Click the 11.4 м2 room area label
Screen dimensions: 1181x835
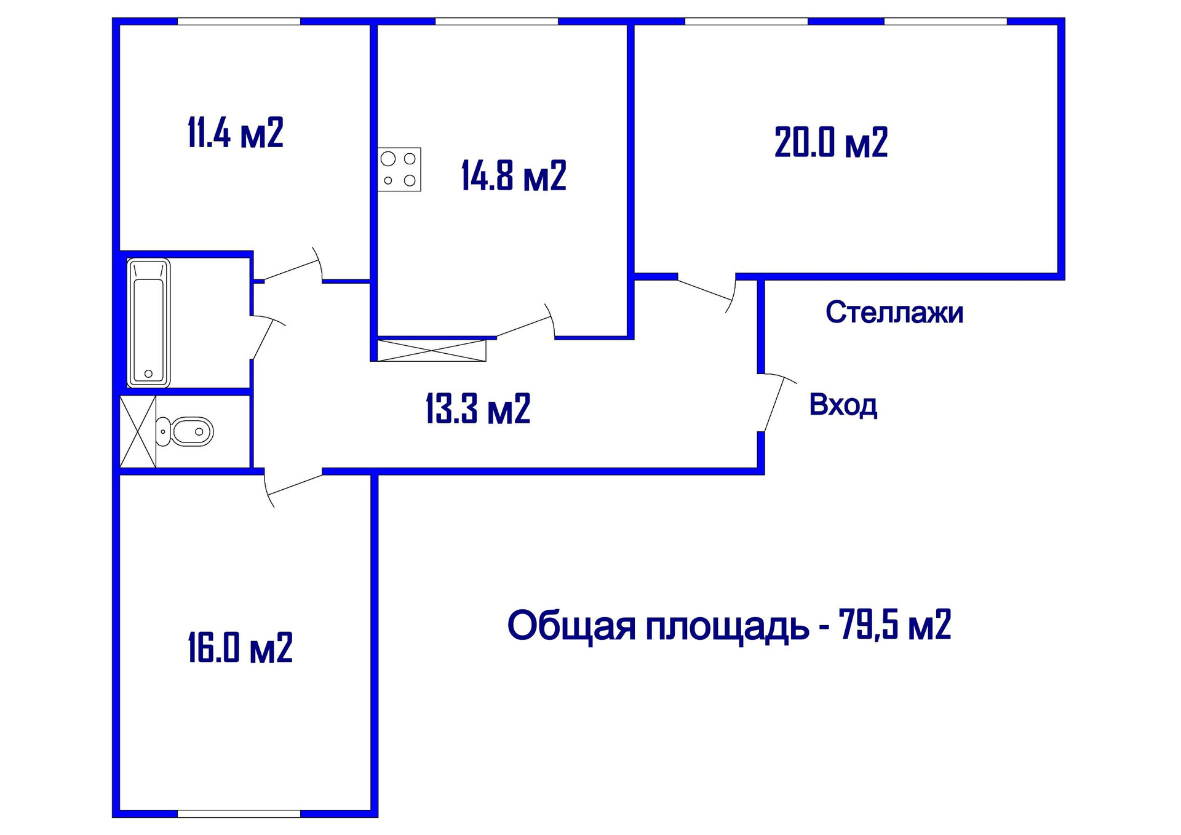coord(235,133)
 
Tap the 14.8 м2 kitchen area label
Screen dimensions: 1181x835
coord(514,176)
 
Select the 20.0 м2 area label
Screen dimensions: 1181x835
coord(831,143)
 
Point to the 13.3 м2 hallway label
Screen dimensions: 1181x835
coord(477,409)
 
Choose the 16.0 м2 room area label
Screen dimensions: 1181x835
coord(240,648)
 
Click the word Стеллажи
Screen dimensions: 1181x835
coord(894,313)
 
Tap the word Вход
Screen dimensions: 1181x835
coord(843,405)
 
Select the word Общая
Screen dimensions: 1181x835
coord(571,626)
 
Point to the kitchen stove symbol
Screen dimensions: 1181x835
coord(399,170)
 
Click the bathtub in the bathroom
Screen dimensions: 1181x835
coord(148,323)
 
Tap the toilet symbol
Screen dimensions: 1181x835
coord(186,431)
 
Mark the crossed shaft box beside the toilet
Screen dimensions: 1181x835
coord(138,431)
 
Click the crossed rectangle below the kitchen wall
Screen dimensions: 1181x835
coord(431,350)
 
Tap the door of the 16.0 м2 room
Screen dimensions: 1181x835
coord(294,485)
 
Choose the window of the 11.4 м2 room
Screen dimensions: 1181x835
coord(239,22)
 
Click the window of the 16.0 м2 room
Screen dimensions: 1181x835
coord(239,813)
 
